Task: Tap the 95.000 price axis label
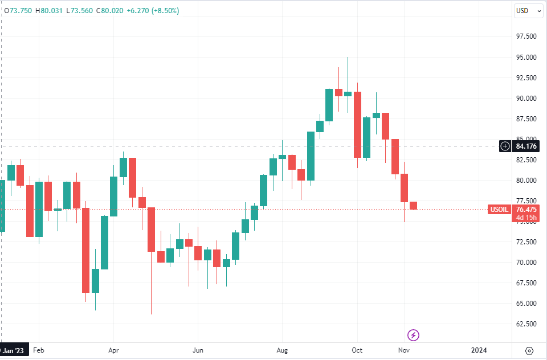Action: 526,58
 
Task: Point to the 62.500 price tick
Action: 526,324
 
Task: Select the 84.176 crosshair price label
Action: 527,146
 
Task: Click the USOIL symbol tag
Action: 499,210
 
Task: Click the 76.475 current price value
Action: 526,210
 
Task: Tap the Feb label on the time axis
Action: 38,350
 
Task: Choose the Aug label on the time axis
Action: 281,350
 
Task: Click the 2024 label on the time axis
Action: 479,350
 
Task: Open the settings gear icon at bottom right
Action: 529,350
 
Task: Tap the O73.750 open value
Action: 19,10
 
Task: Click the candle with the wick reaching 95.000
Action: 348,93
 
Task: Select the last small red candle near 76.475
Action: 413,206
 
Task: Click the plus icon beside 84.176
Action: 505,146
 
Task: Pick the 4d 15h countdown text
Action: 526,217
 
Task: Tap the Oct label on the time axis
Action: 357,350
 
